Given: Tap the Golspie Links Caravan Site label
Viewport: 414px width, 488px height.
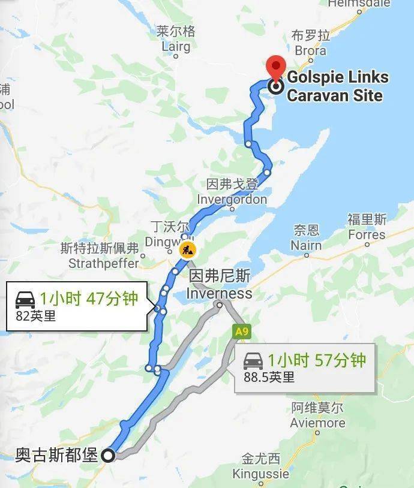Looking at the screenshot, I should click(337, 86).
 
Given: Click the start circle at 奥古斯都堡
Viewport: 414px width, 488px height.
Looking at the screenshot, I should click(108, 456).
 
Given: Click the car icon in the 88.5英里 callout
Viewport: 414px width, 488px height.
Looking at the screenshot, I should click(253, 360).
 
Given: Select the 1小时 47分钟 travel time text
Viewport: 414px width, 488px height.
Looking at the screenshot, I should click(89, 298).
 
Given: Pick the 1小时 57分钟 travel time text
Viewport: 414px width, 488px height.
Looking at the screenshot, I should click(316, 360).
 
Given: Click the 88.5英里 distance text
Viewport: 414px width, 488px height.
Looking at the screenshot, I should click(269, 377).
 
